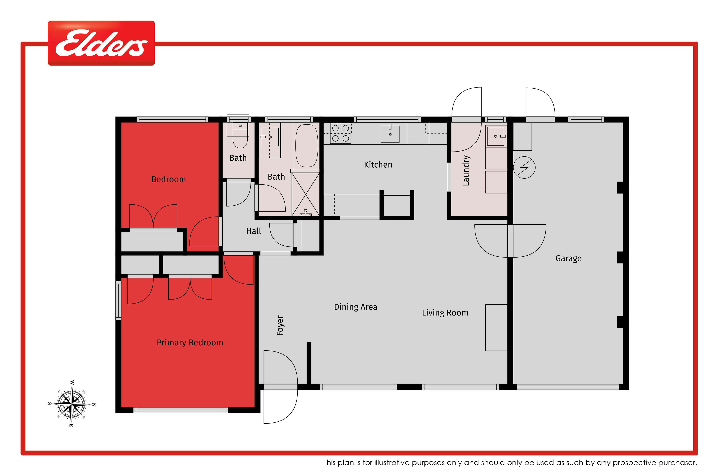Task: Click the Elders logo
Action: (x=101, y=43)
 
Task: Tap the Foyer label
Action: (x=280, y=325)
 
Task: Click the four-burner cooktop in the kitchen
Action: (x=341, y=133)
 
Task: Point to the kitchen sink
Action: (x=390, y=134)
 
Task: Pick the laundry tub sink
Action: (x=495, y=136)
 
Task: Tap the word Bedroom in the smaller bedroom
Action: (x=169, y=179)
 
